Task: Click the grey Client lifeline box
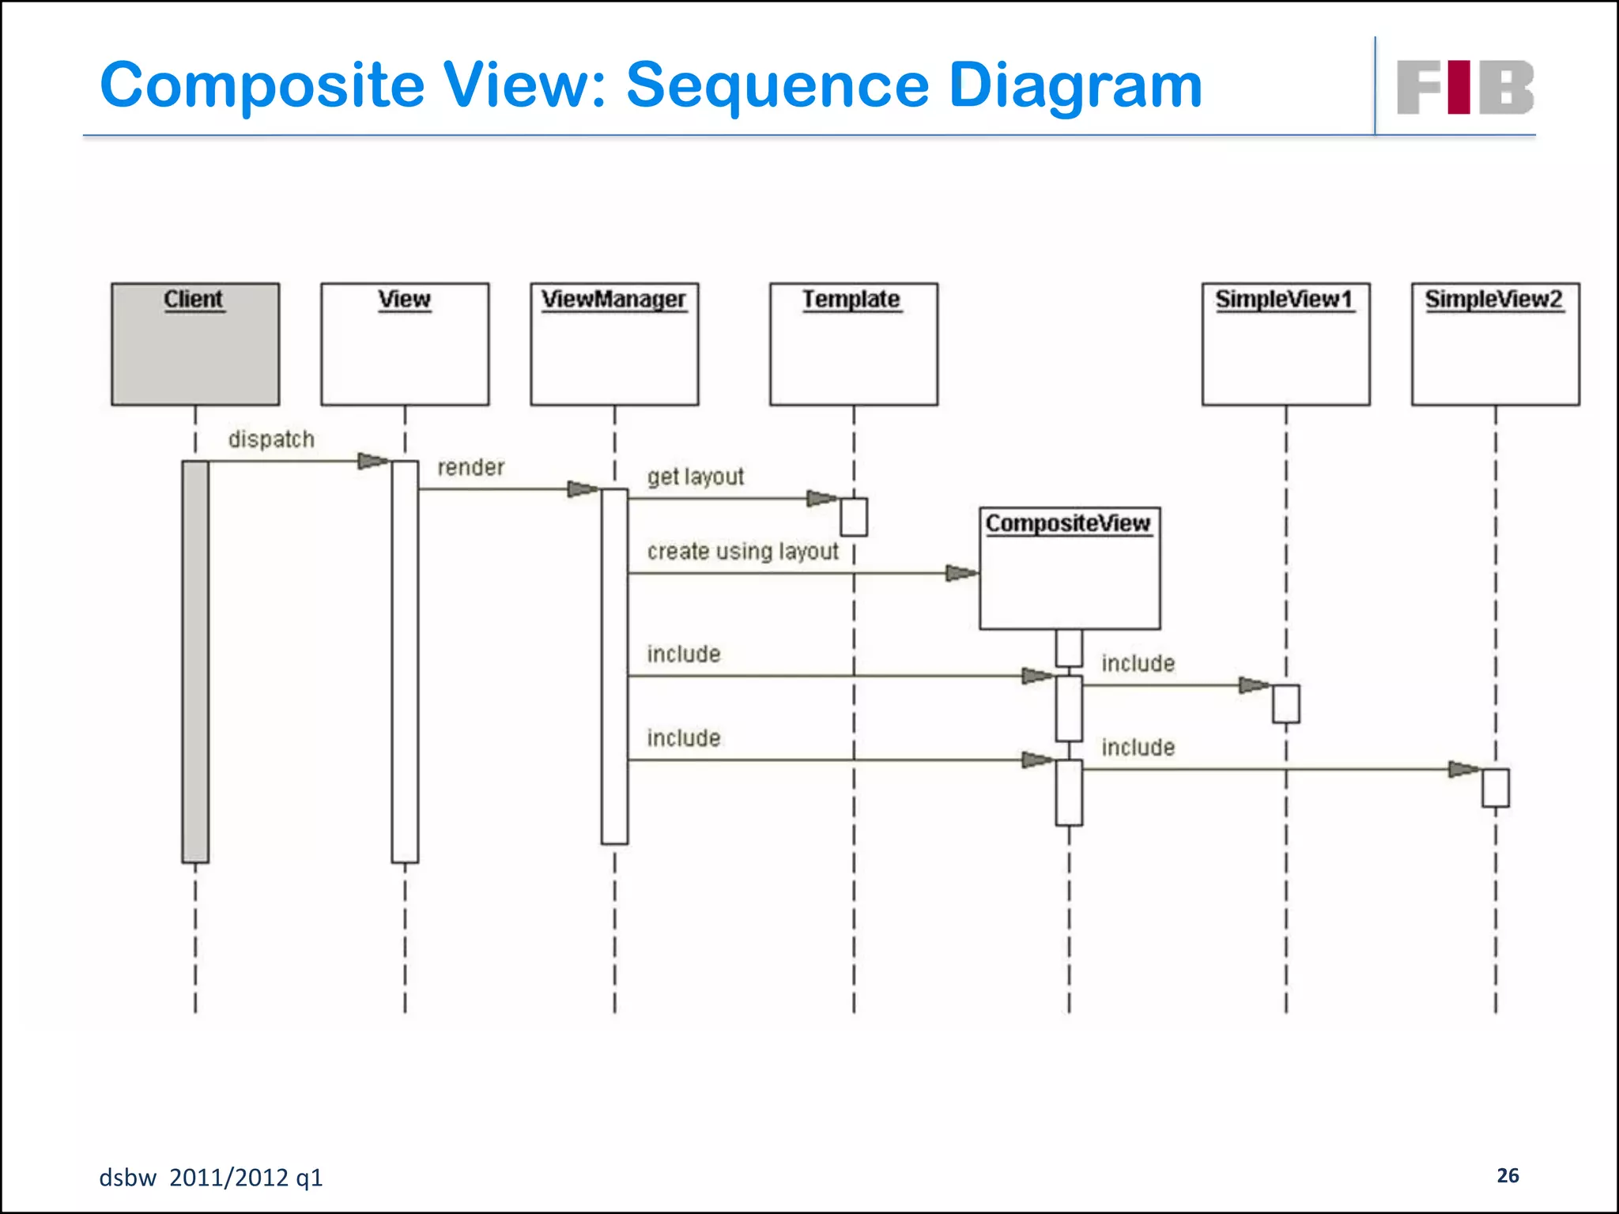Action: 195,344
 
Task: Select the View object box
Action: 405,344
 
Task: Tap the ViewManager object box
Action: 614,344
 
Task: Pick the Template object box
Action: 854,344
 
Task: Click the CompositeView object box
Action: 1070,568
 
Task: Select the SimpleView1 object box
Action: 1285,344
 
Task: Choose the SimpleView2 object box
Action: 1495,344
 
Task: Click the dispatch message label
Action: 271,439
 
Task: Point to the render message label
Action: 471,467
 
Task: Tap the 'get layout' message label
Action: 696,477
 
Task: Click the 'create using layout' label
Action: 742,552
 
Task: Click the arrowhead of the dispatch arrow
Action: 374,461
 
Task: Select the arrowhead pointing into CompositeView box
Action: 962,573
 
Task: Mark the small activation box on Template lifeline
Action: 854,517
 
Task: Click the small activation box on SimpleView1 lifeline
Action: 1285,703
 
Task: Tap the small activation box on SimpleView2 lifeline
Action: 1495,787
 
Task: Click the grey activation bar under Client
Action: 195,662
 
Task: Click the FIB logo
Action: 1465,87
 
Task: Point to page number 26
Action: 1508,1175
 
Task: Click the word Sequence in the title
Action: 778,85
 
